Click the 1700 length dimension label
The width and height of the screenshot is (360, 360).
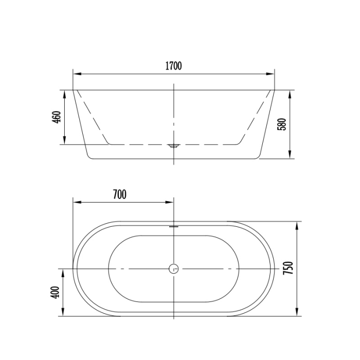click(173, 66)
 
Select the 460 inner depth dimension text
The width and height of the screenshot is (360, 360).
click(57, 117)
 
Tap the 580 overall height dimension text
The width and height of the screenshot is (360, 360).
click(281, 124)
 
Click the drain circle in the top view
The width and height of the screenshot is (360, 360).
click(174, 268)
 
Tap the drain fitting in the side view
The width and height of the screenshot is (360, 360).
click(174, 146)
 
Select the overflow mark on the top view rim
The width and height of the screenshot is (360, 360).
click(174, 224)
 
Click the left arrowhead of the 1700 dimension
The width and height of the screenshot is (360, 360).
click(75, 74)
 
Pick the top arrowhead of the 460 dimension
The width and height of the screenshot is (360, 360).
click(65, 93)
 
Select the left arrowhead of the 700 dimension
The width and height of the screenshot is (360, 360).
click(75, 202)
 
